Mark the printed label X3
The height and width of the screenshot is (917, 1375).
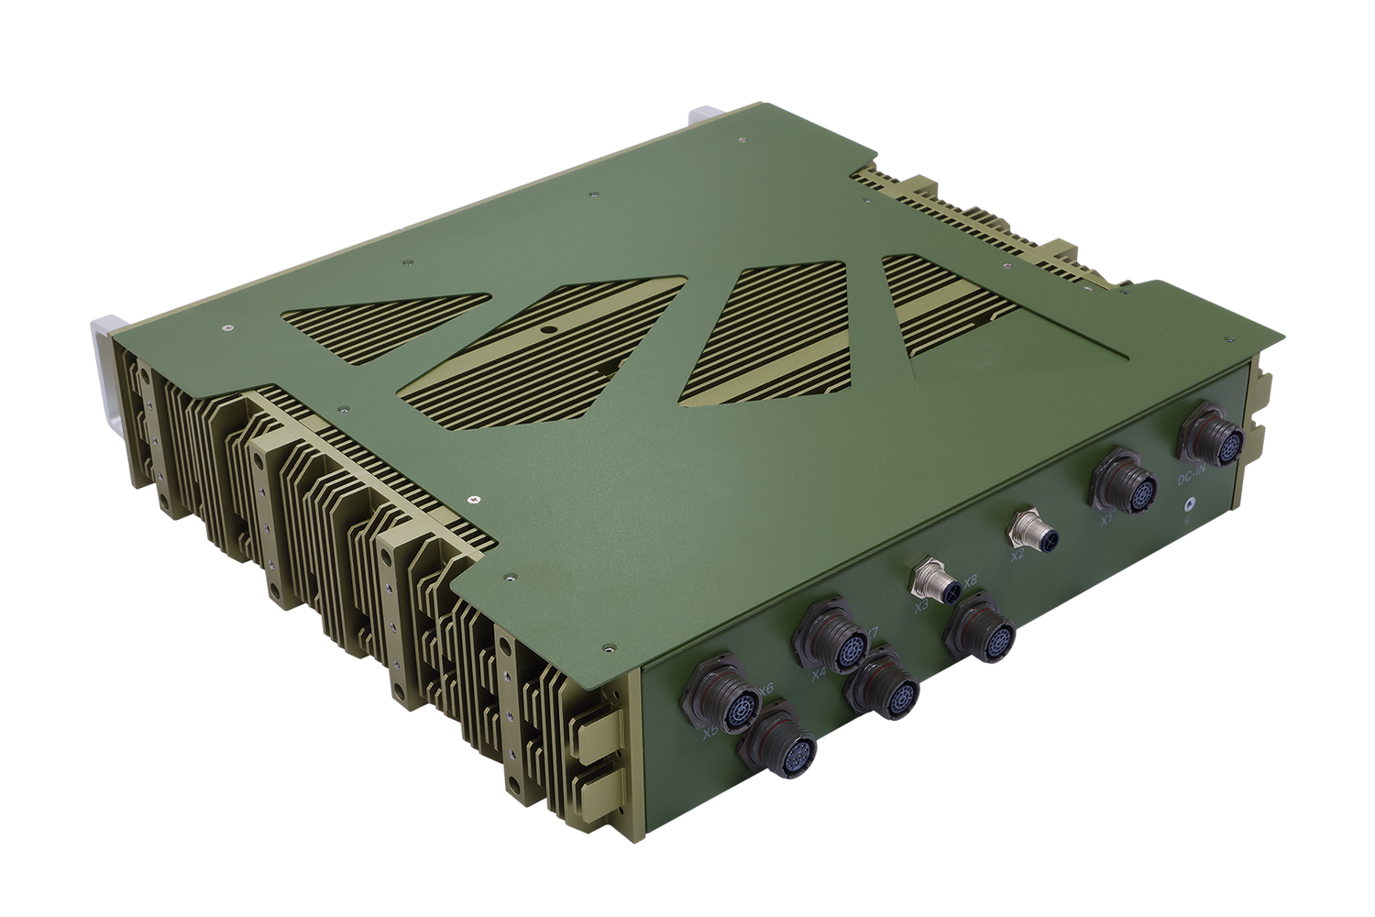click(919, 605)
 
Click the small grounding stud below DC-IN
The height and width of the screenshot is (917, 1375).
click(1189, 504)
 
